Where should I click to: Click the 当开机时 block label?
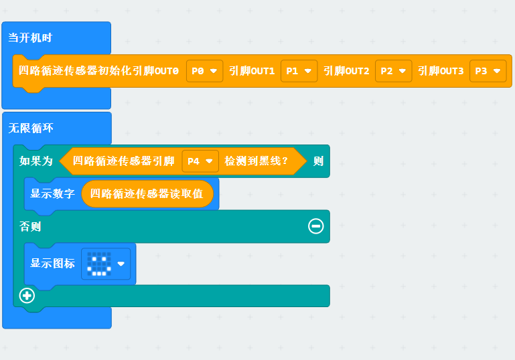pyautogui.click(x=30, y=37)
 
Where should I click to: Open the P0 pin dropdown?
pyautogui.click(x=204, y=70)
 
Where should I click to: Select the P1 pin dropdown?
pyautogui.click(x=299, y=70)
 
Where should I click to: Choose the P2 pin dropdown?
pyautogui.click(x=393, y=70)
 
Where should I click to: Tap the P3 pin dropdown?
pyautogui.click(x=488, y=70)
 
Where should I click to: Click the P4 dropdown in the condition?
pyautogui.click(x=200, y=161)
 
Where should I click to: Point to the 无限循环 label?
pyautogui.click(x=30, y=128)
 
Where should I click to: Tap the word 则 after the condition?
pyautogui.click(x=318, y=161)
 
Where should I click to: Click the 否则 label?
pyautogui.click(x=30, y=227)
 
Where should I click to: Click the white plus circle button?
pyautogui.click(x=27, y=295)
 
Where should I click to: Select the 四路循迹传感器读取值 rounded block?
pyautogui.click(x=147, y=194)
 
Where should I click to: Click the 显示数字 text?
pyautogui.click(x=52, y=194)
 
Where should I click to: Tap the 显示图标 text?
pyautogui.click(x=52, y=263)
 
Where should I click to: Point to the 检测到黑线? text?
pyautogui.click(x=256, y=161)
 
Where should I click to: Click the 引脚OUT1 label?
pyautogui.click(x=252, y=70)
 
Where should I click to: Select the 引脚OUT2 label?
pyautogui.click(x=346, y=70)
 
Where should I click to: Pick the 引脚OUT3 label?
pyautogui.click(x=441, y=70)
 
